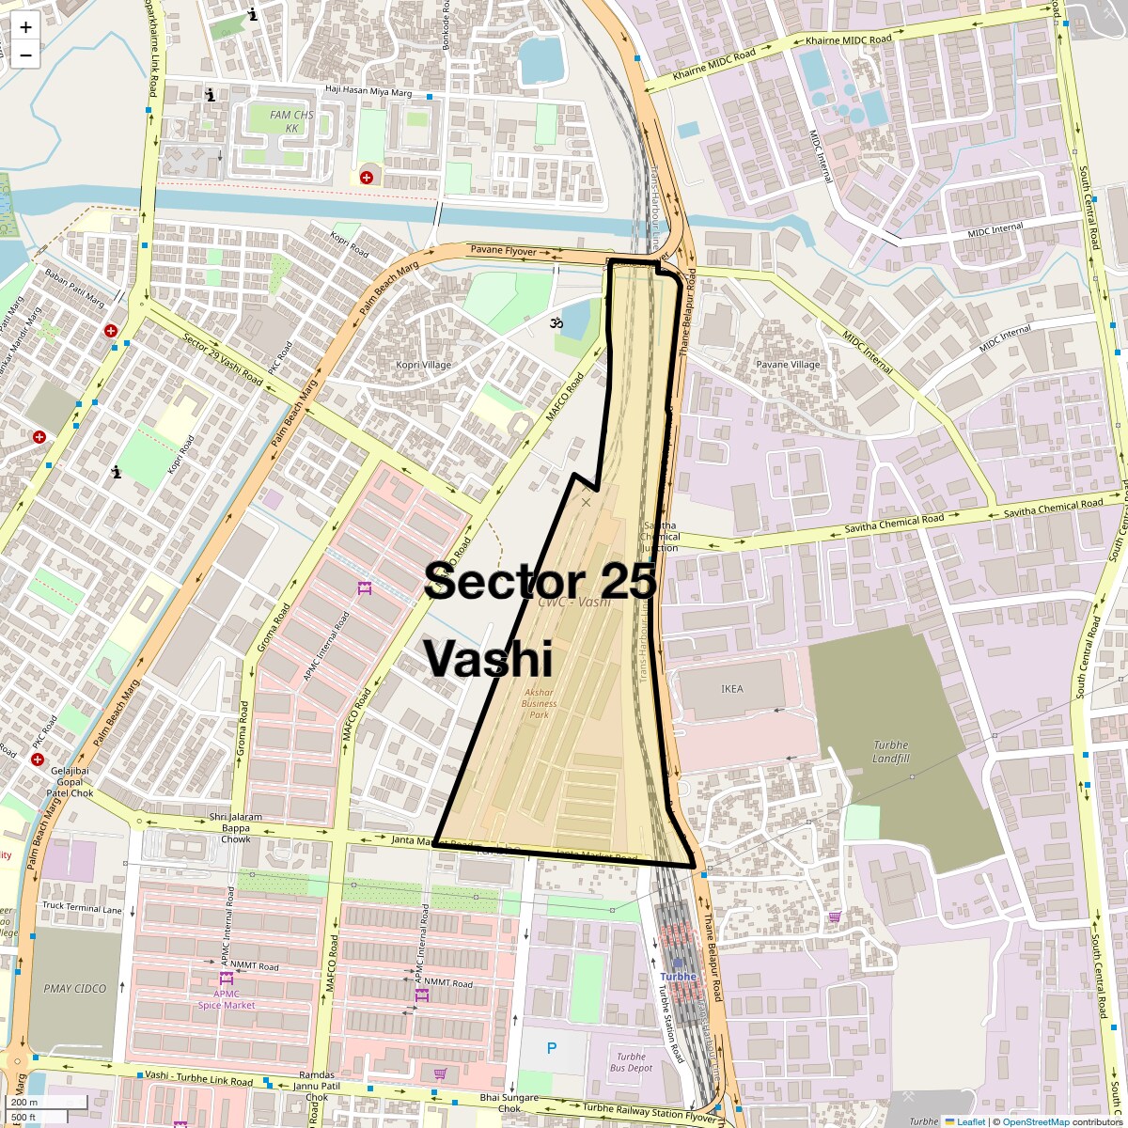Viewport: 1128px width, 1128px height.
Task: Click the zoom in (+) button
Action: click(25, 26)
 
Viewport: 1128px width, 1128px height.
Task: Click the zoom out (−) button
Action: click(25, 55)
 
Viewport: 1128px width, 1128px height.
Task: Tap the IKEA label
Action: click(731, 689)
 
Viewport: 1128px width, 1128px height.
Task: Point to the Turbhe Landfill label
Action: click(890, 751)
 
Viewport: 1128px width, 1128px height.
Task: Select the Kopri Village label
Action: click(422, 365)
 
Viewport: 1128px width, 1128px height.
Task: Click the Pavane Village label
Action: click(788, 365)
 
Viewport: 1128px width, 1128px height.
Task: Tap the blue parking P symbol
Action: click(552, 1048)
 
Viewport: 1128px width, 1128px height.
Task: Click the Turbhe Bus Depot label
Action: click(632, 1062)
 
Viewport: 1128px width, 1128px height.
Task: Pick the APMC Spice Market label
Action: click(227, 998)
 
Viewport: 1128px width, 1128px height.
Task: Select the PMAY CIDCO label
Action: click(75, 988)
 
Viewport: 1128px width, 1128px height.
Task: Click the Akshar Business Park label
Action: click(539, 703)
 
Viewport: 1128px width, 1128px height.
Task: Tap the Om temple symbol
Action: click(557, 323)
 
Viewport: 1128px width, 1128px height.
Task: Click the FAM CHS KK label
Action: click(291, 121)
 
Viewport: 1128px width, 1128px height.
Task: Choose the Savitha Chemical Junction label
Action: click(659, 537)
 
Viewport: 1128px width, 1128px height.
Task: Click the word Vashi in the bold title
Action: click(488, 658)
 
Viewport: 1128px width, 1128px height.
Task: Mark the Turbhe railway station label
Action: click(678, 977)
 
